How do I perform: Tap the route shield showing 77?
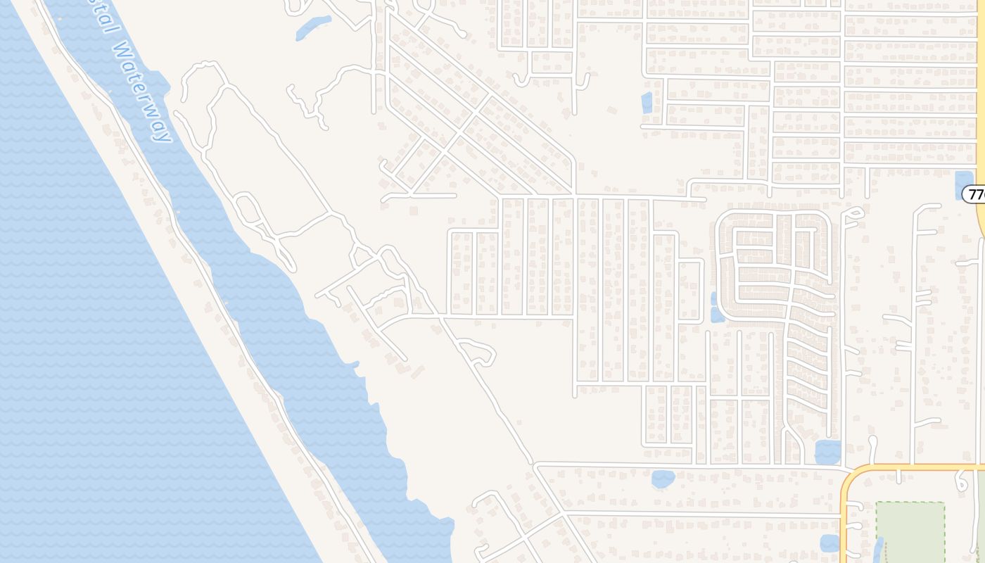click(975, 194)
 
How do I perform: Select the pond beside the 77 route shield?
click(963, 184)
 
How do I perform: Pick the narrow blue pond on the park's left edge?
click(879, 549)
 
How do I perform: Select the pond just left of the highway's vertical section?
click(830, 543)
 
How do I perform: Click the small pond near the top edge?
click(313, 27)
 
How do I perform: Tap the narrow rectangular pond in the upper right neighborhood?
click(647, 103)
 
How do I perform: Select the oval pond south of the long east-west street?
click(663, 479)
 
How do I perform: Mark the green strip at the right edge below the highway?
click(981, 514)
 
